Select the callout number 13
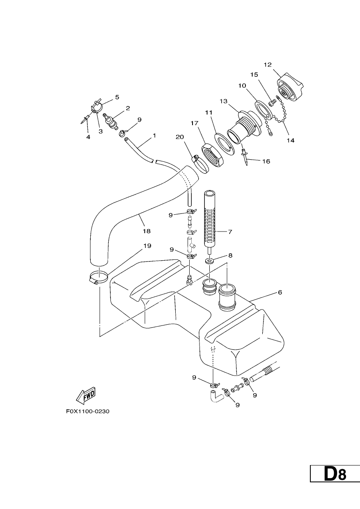coord(224,101)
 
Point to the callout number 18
coord(147,232)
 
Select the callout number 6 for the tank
coord(280,292)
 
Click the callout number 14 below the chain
coord(291,140)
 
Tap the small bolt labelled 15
coord(272,103)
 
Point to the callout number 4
coord(88,137)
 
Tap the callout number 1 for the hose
coord(154,135)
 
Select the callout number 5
coord(117,97)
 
